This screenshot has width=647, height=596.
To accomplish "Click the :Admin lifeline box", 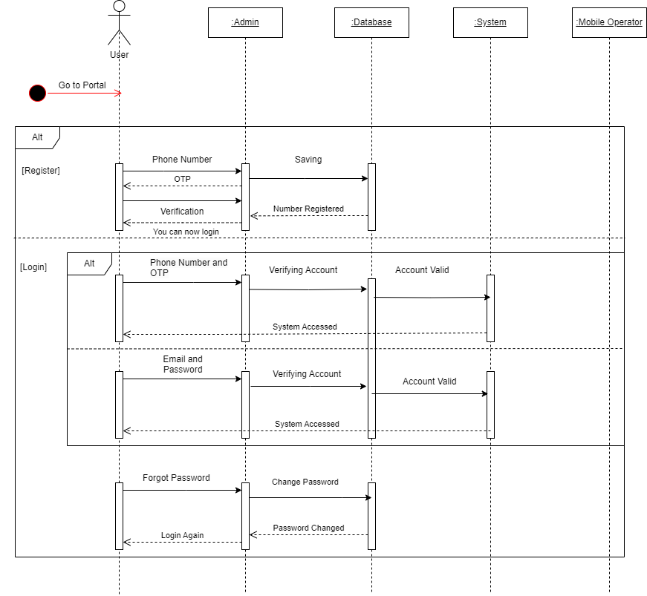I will [x=245, y=22].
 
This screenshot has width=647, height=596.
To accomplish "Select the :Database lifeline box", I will [x=371, y=22].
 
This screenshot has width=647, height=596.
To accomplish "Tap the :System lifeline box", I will [x=490, y=22].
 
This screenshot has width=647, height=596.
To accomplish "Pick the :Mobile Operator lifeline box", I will [x=609, y=22].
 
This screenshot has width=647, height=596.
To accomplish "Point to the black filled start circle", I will [x=37, y=93].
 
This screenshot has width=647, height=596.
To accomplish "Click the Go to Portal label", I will [x=82, y=85].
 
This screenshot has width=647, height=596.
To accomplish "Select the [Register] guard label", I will [x=41, y=171].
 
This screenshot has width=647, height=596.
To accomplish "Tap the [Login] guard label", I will [x=33, y=267].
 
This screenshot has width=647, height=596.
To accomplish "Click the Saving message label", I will [x=308, y=160].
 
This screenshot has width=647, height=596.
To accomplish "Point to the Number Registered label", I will [x=308, y=209].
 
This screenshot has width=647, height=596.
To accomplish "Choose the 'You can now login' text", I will [x=186, y=232].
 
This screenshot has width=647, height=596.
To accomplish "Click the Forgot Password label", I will [x=176, y=478].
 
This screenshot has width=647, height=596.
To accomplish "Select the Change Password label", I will [x=305, y=482].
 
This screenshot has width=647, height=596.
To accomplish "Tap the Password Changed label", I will [x=308, y=528].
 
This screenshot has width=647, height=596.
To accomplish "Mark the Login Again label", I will [x=182, y=536].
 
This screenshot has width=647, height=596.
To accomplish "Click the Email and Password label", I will [x=183, y=364].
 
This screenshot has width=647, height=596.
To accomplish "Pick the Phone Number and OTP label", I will [x=189, y=268].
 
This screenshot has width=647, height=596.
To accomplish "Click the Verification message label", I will [x=182, y=212].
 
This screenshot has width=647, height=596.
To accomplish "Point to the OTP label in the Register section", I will [x=182, y=179].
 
